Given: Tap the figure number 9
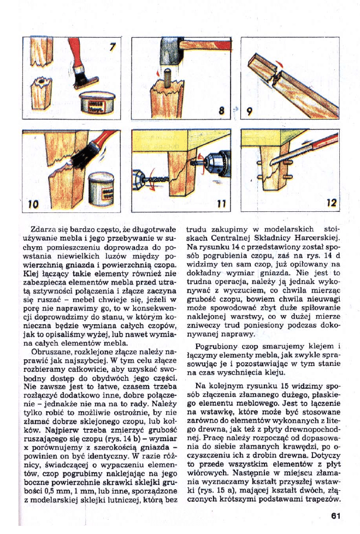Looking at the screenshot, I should [x=249, y=112].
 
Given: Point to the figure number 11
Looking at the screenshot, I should [x=221, y=203].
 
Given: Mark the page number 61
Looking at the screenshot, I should [x=335, y=515].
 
